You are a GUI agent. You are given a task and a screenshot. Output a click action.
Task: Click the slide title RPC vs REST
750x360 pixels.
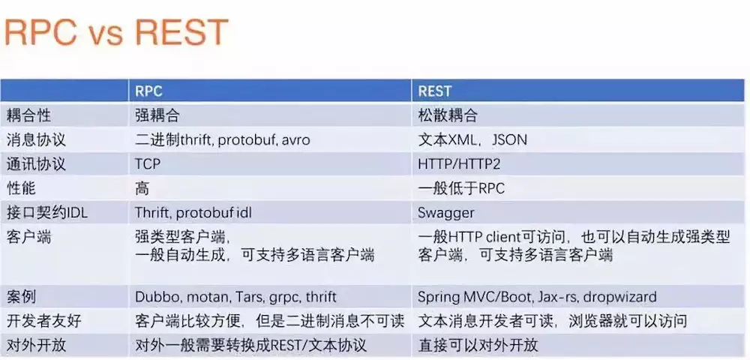tap(115, 32)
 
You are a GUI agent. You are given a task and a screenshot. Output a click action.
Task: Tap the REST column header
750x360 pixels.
tap(435, 91)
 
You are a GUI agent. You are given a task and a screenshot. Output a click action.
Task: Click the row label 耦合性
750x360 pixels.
tap(28, 115)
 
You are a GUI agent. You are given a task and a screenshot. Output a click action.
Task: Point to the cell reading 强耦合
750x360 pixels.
tap(157, 115)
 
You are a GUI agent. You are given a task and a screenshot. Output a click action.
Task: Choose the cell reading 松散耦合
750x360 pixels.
tap(448, 115)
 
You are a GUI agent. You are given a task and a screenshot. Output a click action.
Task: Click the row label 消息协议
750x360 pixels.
tap(36, 139)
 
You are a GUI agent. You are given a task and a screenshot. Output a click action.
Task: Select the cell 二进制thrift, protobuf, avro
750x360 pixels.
tap(223, 139)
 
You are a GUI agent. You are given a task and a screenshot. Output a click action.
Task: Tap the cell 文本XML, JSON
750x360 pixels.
tap(472, 139)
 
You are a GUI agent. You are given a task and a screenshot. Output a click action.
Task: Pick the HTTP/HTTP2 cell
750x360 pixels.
tap(459, 164)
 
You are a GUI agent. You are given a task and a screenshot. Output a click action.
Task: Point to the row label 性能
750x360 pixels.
tap(21, 188)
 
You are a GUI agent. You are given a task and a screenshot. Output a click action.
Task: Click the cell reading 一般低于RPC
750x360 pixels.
tap(461, 188)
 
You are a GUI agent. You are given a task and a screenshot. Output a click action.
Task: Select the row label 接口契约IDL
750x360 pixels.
tap(46, 212)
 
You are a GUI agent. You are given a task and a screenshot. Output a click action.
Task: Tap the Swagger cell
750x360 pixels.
tap(446, 213)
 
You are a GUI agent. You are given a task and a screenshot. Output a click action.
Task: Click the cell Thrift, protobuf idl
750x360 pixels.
tap(193, 213)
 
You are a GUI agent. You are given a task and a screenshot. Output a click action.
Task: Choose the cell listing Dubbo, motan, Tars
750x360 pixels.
tap(235, 297)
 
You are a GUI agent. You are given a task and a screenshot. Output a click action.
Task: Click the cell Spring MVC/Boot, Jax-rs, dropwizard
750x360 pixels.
tap(537, 297)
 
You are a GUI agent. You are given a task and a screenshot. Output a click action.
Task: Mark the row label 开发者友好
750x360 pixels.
tap(43, 321)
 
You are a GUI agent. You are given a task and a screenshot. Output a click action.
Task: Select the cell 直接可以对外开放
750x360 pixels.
tap(478, 345)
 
